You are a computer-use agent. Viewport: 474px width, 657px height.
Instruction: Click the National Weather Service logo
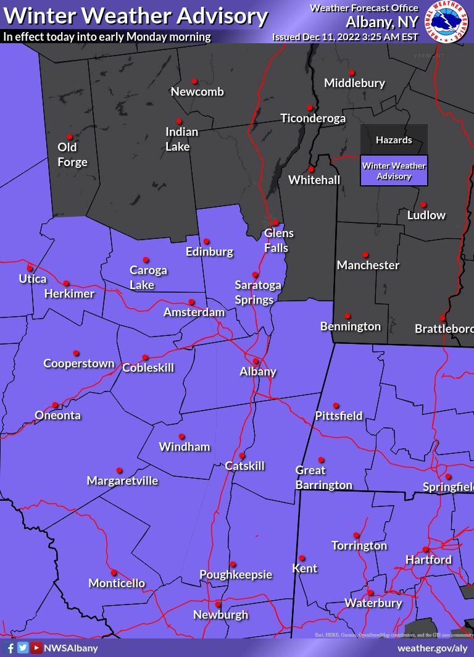point(449,22)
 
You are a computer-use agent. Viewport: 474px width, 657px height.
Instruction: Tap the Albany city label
point(258,372)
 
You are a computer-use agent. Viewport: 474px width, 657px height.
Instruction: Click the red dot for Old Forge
point(70,137)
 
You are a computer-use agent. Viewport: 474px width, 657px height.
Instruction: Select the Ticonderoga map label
point(313,119)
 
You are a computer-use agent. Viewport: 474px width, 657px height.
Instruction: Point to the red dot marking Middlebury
point(351,72)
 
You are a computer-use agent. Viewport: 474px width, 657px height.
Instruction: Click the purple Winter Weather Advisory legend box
point(394,171)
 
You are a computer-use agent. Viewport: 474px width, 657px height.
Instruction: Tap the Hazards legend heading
point(394,140)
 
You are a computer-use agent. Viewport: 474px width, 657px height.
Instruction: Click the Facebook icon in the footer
point(9,648)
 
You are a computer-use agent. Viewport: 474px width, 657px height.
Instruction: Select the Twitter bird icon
point(23,648)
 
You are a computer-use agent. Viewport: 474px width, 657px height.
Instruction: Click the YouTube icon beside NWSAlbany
point(36,648)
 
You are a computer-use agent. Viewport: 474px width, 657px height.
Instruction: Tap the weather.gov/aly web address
point(433,648)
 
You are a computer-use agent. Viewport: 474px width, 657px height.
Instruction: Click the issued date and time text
point(346,37)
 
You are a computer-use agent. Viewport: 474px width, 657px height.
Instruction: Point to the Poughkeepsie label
point(236,575)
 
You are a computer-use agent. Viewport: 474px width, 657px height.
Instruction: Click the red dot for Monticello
point(114,572)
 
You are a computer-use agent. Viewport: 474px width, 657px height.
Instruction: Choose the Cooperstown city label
point(79,364)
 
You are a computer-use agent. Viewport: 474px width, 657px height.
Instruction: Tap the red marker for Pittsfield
point(336,406)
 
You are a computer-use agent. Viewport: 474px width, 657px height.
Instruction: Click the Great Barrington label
point(323,478)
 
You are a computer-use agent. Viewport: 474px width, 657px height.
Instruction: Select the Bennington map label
point(351,326)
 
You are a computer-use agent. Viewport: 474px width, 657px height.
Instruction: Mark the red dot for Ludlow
point(423,205)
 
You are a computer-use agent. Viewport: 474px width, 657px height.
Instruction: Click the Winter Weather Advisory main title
point(136,15)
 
